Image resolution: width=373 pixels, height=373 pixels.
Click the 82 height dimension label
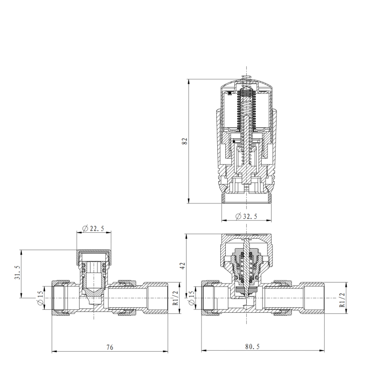coord(185,141)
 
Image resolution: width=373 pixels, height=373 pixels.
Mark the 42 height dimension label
coord(184,266)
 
